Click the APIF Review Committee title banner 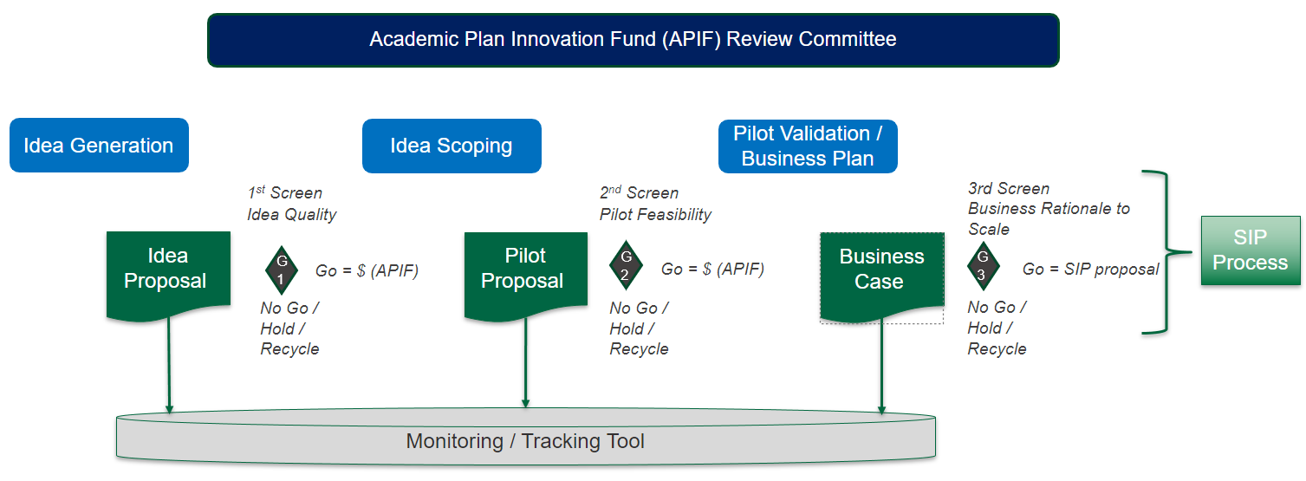633,40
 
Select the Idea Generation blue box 99,146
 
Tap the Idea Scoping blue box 452,146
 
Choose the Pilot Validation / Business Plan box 808,146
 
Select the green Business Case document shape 881,270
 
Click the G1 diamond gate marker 281,270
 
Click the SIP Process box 1250,250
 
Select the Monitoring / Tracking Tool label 525,441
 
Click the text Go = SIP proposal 1090,270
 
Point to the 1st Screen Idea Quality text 292,204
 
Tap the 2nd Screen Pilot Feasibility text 655,204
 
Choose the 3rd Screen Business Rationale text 1049,209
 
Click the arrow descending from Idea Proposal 169,364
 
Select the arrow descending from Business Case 881,364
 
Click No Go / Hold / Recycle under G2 640,328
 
